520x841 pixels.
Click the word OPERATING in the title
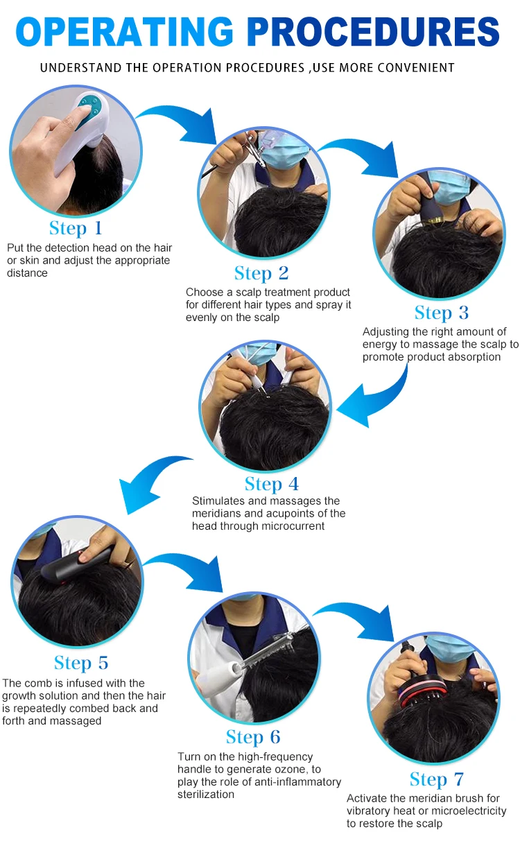pos(125,31)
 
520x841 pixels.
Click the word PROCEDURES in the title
pos(374,31)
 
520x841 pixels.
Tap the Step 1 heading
pos(76,228)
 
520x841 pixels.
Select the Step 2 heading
pos(261,273)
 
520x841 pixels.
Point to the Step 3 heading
pos(442,313)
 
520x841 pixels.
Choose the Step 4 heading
pos(272,484)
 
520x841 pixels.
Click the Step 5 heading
pos(81,663)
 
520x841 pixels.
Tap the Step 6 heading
pos(253,737)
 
